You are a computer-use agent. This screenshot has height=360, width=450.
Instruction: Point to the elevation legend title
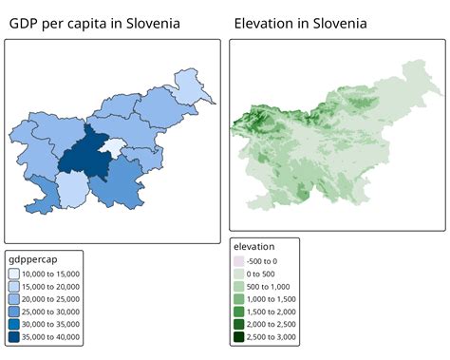(260, 246)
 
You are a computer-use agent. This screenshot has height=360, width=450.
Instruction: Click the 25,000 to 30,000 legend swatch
(13, 311)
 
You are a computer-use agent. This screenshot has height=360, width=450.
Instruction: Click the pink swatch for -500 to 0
(238, 260)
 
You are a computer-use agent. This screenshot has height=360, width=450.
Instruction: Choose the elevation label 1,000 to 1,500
(272, 298)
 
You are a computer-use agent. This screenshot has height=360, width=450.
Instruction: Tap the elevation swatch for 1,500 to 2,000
(238, 311)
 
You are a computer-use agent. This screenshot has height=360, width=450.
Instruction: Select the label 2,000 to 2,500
(272, 323)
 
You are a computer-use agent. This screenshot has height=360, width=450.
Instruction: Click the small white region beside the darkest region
(115, 146)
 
